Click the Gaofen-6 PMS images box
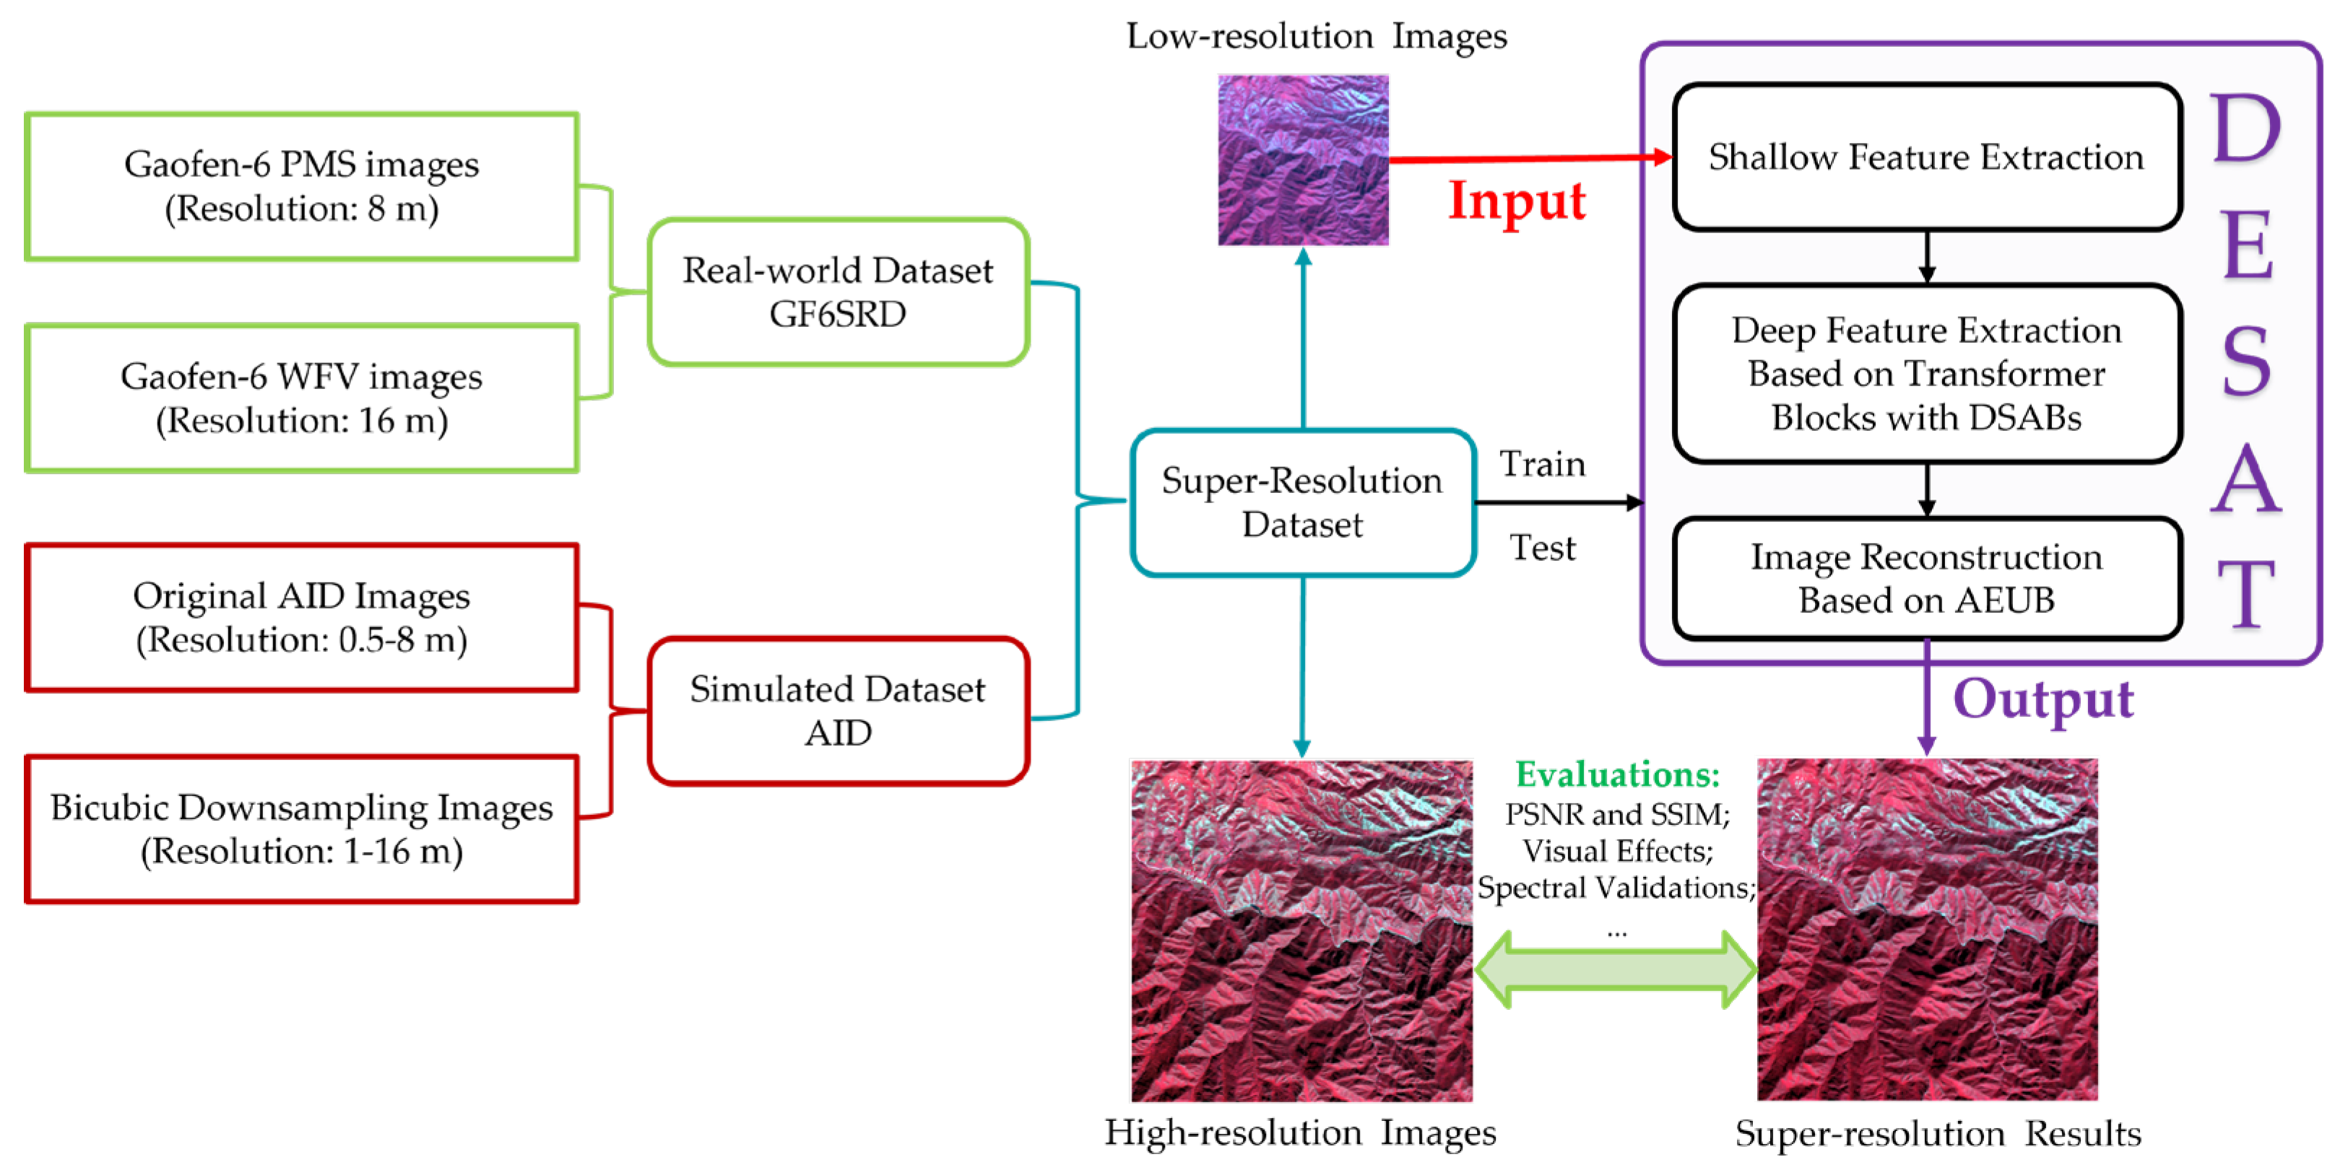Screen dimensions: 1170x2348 (302, 186)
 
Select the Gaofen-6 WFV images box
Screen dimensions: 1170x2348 (302, 398)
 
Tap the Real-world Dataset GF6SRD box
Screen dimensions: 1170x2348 (838, 292)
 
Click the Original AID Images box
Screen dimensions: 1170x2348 (302, 617)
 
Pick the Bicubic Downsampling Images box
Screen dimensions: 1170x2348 (302, 829)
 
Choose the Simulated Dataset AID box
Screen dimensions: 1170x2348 (838, 711)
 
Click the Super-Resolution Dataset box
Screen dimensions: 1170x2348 (1301, 502)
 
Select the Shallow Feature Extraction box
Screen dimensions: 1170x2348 (1926, 157)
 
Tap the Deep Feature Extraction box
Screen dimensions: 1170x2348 (1926, 374)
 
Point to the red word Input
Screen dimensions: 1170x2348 (1517, 201)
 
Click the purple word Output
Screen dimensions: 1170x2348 (2042, 700)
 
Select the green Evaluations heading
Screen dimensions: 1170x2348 (1617, 774)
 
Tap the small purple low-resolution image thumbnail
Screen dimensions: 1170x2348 (1302, 160)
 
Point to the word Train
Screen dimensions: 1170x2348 (1542, 464)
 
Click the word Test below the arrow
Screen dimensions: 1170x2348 (1542, 548)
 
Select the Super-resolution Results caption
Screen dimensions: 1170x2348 (1938, 1134)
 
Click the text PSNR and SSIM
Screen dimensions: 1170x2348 (1617, 813)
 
